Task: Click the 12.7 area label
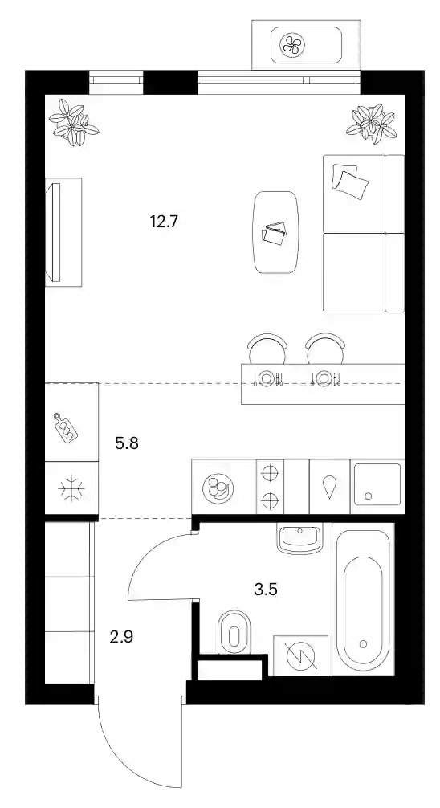pyautogui.click(x=164, y=222)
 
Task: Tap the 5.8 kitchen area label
pyautogui.click(x=127, y=443)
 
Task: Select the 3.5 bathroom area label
pyautogui.click(x=266, y=589)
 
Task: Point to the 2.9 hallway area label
pyautogui.click(x=121, y=637)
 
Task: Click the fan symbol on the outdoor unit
pyautogui.click(x=292, y=44)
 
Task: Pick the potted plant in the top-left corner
pyautogui.click(x=73, y=122)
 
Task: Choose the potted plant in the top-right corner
pyautogui.click(x=372, y=123)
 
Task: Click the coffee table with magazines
pyautogui.click(x=276, y=232)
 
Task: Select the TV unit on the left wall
pyautogui.click(x=63, y=232)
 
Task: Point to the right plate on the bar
pyautogui.click(x=324, y=378)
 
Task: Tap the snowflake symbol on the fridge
pyautogui.click(x=71, y=489)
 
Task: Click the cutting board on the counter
pyautogui.click(x=67, y=426)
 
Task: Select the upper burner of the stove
pyautogui.click(x=270, y=472)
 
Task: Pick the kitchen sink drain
pyautogui.click(x=368, y=496)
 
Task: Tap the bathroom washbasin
pyautogui.click(x=299, y=538)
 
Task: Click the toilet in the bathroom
pyautogui.click(x=234, y=632)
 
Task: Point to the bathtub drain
pyautogui.click(x=363, y=643)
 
